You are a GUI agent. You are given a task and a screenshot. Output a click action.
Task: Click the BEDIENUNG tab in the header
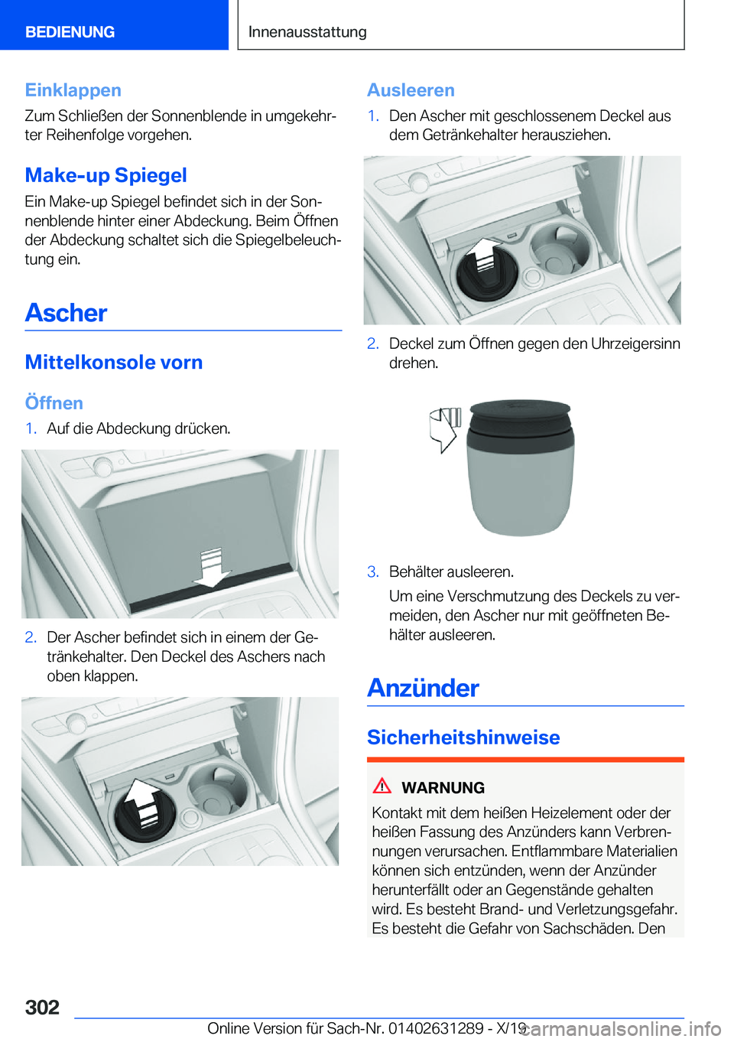click(x=70, y=31)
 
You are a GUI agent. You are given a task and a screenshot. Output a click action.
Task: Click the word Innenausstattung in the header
click(x=307, y=31)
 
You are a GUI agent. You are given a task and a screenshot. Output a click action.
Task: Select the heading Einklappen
click(x=73, y=90)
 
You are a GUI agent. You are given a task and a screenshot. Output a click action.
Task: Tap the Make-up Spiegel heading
click(x=106, y=175)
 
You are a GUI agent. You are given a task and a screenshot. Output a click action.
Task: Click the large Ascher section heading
click(x=66, y=312)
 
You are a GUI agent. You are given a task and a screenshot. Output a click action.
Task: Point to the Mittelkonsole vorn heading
click(x=114, y=362)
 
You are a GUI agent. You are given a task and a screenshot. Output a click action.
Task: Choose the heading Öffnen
click(x=54, y=402)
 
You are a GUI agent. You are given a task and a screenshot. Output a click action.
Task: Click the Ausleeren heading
click(x=411, y=90)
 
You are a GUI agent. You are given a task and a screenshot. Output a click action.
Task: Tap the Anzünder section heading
click(x=423, y=688)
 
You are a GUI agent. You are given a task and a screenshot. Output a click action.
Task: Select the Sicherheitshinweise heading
click(x=463, y=737)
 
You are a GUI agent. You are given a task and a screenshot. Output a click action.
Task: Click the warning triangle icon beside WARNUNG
click(x=382, y=786)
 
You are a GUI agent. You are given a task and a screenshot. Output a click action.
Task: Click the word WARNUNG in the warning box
click(x=443, y=787)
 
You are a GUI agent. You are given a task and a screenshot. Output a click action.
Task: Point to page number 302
click(x=42, y=1007)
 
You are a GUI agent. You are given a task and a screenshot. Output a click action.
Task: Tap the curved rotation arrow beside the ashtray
click(x=445, y=429)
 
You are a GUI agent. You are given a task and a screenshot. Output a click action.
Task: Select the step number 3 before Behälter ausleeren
click(x=373, y=571)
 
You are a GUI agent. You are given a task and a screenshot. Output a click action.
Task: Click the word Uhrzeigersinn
click(x=635, y=344)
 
